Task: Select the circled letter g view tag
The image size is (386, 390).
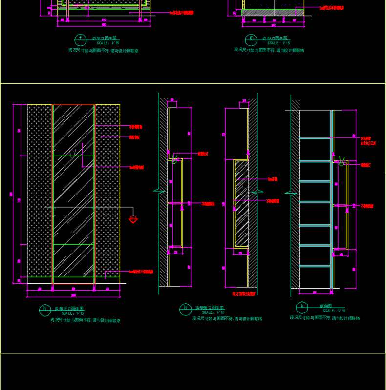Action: [252, 38]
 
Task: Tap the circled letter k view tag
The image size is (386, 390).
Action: [302, 307]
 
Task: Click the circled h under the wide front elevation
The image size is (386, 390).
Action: [44, 309]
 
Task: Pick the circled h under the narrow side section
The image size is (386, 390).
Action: [185, 308]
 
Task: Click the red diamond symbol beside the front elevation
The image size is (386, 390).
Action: [133, 219]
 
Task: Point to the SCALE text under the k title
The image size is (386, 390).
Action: [334, 311]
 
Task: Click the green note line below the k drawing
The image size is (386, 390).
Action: [324, 318]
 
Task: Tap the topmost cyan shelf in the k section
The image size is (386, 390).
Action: [315, 138]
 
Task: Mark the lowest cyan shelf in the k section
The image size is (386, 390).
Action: [315, 266]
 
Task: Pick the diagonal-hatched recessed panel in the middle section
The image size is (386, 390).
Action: [241, 204]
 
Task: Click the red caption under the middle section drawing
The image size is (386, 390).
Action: [244, 294]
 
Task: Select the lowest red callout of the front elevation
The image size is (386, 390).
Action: [141, 272]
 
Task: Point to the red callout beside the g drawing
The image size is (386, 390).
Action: [332, 8]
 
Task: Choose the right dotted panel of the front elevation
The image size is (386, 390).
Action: [107, 190]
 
